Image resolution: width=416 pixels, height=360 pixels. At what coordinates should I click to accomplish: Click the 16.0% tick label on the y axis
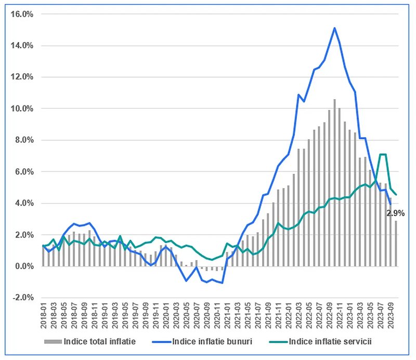[x=22, y=14]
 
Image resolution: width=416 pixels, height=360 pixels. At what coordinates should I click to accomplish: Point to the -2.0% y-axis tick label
[x=23, y=298]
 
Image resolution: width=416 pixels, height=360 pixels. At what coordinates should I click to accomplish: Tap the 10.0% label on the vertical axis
[x=22, y=109]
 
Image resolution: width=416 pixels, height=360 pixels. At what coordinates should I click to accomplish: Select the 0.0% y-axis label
[x=24, y=266]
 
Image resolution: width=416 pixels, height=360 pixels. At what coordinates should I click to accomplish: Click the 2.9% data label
[x=395, y=213]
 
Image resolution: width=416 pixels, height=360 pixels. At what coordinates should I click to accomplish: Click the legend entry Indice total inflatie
[x=90, y=341]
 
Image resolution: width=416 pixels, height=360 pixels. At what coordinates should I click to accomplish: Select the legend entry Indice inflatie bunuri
[x=202, y=341]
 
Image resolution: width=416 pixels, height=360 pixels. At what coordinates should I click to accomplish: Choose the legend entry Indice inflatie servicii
[x=320, y=341]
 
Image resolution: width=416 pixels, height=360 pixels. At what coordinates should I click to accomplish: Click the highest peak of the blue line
[x=334, y=28]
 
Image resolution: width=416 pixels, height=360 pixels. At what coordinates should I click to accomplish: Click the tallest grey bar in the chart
[x=334, y=183]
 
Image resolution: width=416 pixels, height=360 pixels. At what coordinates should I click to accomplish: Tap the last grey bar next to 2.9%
[x=396, y=243]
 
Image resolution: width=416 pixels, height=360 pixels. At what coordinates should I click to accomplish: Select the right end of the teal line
[x=396, y=195]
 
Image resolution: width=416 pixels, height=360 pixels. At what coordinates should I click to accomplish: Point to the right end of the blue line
[x=391, y=204]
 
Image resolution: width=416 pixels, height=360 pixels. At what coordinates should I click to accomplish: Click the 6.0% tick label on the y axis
[x=24, y=171]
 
